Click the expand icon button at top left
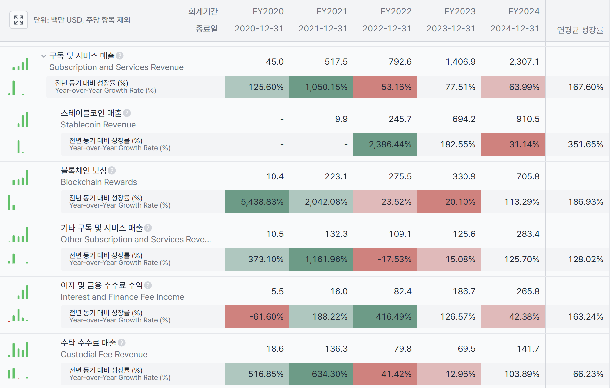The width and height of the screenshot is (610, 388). [19, 20]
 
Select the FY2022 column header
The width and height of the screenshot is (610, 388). [396, 12]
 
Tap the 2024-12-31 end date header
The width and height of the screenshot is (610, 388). [515, 29]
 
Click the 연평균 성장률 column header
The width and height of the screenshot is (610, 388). [580, 30]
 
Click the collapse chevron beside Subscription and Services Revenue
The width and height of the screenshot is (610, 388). [44, 56]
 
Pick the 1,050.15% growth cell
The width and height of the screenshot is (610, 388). [321, 87]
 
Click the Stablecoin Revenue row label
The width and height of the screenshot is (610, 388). [98, 125]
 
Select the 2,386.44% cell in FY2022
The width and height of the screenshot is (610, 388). [385, 144]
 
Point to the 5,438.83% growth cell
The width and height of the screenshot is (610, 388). [257, 202]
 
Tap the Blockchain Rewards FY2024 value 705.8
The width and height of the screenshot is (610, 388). [528, 176]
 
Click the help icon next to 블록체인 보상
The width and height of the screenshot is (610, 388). [112, 170]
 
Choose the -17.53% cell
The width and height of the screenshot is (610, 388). [385, 259]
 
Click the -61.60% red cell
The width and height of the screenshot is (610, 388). [257, 317]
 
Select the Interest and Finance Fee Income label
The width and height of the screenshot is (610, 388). [122, 297]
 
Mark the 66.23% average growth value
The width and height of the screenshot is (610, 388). [588, 374]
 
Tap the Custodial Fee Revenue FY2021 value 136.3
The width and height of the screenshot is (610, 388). [336, 349]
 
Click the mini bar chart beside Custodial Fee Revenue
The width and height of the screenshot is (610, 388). [19, 349]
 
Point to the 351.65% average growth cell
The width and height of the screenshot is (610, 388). [585, 144]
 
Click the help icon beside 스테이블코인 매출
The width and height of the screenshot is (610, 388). [127, 113]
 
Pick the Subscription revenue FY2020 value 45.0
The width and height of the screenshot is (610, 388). [274, 62]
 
